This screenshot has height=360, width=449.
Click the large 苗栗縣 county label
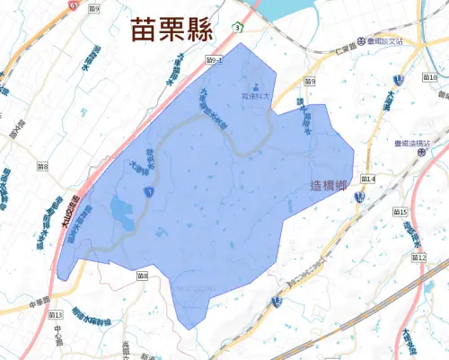(170, 30)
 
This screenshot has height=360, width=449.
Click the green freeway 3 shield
(236, 28)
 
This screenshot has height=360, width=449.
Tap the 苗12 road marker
(418, 258)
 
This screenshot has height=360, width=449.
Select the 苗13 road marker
(55, 316)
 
